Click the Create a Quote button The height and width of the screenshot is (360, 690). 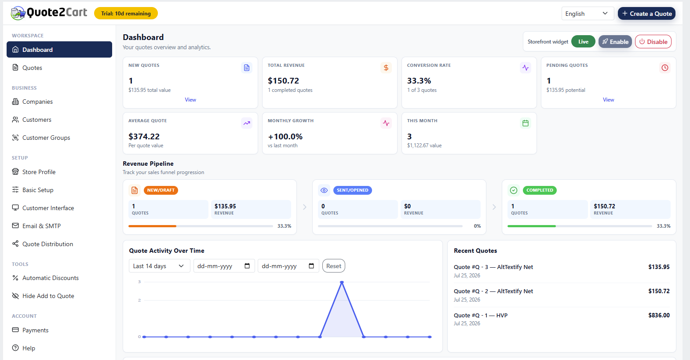click(646, 14)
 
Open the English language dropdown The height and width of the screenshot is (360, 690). click(588, 14)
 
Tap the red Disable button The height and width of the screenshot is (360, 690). click(653, 42)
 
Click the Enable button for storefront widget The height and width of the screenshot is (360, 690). click(615, 42)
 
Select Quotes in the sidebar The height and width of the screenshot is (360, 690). click(32, 68)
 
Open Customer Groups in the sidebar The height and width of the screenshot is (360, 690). click(46, 138)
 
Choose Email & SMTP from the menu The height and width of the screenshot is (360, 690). click(41, 226)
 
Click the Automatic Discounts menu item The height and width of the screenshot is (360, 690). click(51, 278)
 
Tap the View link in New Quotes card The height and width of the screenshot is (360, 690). click(190, 100)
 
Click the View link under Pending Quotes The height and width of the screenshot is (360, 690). click(608, 100)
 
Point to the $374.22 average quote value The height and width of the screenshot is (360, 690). click(144, 136)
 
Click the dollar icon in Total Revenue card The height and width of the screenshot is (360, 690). click(386, 68)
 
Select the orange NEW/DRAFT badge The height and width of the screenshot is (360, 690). click(161, 190)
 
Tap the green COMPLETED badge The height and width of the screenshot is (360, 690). click(540, 190)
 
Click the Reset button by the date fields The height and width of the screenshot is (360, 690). click(334, 266)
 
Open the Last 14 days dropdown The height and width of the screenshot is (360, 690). click(159, 266)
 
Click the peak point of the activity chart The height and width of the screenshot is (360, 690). click(342, 282)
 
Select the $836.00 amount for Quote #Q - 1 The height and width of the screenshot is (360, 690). click(659, 315)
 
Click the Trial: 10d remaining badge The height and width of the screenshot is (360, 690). click(126, 14)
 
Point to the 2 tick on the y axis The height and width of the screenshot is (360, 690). click(139, 300)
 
